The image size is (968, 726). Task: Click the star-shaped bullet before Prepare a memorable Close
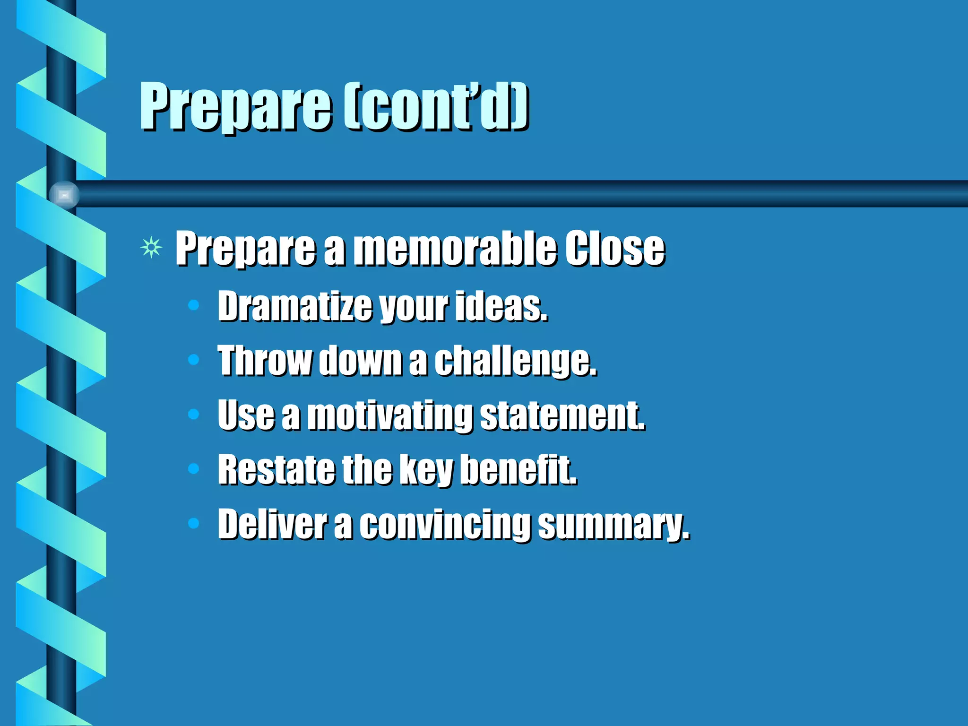point(151,247)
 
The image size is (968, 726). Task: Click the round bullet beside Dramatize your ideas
point(193,305)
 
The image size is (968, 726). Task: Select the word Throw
point(264,361)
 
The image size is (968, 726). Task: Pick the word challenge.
point(515,362)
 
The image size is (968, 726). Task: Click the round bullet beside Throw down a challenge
point(193,360)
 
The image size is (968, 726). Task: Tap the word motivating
point(390,416)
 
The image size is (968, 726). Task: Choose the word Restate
point(275,470)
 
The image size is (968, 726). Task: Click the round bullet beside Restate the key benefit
point(193,468)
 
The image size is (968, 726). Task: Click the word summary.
point(613,525)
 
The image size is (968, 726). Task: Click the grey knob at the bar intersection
point(64,194)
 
